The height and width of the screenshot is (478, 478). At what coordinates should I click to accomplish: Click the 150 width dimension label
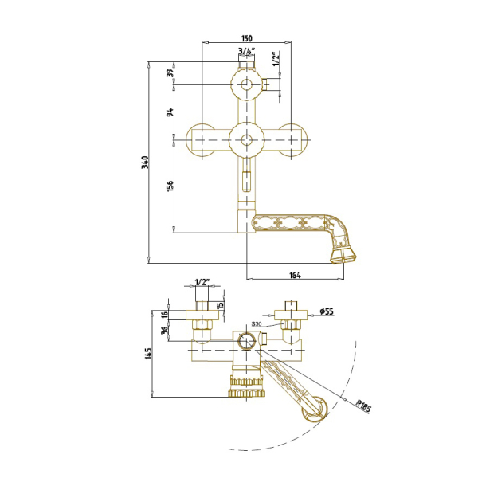[247, 38]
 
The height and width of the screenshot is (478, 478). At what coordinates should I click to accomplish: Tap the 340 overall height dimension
[147, 163]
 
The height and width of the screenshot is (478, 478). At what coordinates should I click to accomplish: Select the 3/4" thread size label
[246, 51]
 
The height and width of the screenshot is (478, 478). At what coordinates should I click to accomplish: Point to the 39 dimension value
[170, 73]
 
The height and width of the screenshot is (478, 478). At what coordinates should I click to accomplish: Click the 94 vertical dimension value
[170, 112]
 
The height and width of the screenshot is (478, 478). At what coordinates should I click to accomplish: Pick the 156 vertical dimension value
[170, 186]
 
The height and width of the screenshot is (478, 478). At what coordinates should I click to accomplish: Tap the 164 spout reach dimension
[295, 275]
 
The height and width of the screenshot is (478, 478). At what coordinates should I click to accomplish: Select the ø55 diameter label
[327, 311]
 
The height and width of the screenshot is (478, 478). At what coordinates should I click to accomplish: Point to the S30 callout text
[257, 323]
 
